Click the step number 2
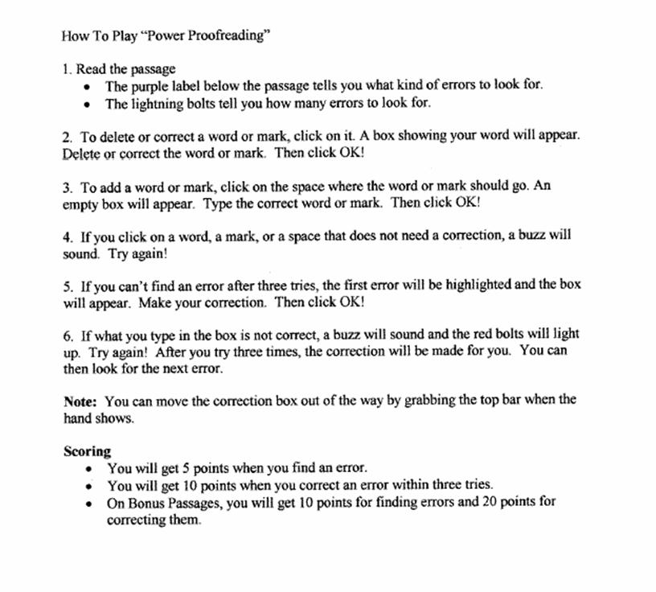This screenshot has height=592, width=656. (67, 136)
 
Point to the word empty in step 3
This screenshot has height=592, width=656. (80, 203)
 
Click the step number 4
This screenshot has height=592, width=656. (67, 237)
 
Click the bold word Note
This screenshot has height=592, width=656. (80, 401)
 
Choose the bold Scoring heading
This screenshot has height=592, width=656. (87, 451)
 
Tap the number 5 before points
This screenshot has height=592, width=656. (181, 468)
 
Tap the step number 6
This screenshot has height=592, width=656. (67, 335)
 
